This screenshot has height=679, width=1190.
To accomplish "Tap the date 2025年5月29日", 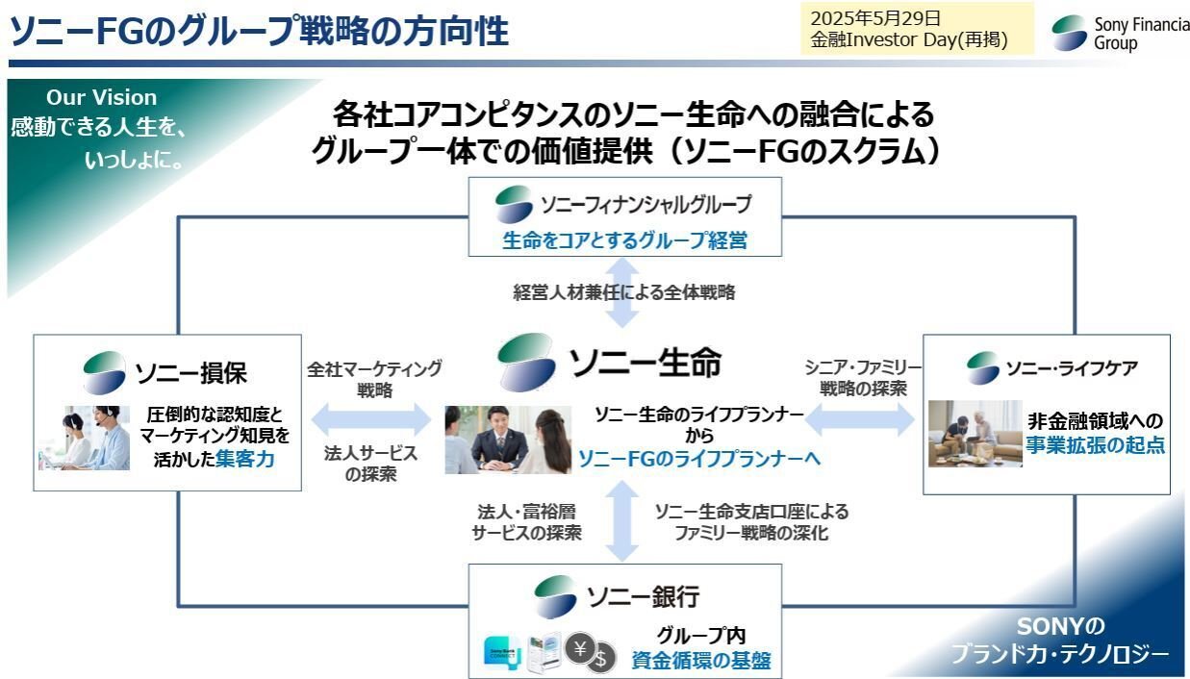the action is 874,18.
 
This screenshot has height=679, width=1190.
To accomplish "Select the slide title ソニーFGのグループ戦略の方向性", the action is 259,32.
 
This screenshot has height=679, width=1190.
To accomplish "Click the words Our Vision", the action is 101,97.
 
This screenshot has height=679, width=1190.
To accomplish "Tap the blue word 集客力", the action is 244,459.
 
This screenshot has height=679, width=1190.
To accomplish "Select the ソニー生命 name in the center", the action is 645,363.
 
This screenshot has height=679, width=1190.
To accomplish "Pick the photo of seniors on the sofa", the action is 975,434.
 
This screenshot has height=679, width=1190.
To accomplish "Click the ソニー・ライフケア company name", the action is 1071,368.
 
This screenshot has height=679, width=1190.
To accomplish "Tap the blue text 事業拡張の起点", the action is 1095,445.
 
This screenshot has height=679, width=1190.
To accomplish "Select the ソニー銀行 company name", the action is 643,596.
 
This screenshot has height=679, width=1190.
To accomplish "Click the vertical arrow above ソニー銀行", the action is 622,519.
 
